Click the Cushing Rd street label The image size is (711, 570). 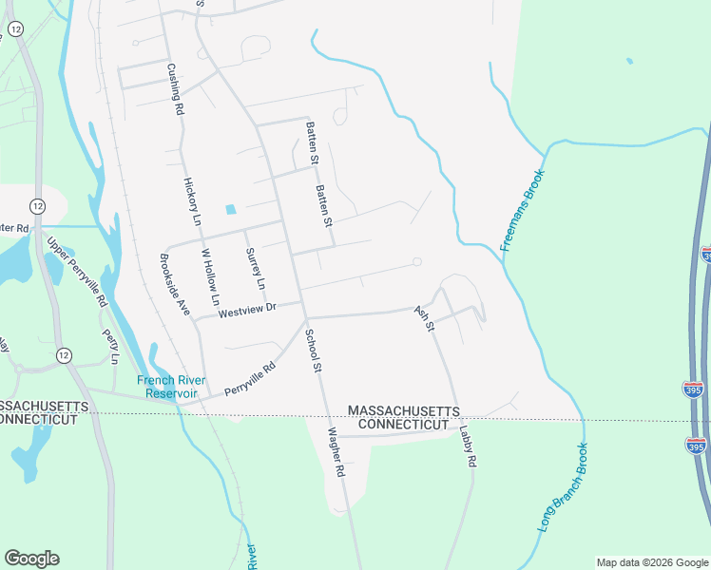(175, 89)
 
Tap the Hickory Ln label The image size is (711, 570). (192, 201)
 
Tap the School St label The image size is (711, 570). (314, 351)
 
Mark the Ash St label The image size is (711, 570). (424, 318)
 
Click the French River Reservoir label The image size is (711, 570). (167, 387)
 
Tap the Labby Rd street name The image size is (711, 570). (466, 445)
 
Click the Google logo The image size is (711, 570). (31, 559)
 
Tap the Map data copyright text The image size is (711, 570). (652, 562)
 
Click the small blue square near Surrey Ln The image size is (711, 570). (229, 210)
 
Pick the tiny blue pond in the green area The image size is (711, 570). (629, 62)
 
